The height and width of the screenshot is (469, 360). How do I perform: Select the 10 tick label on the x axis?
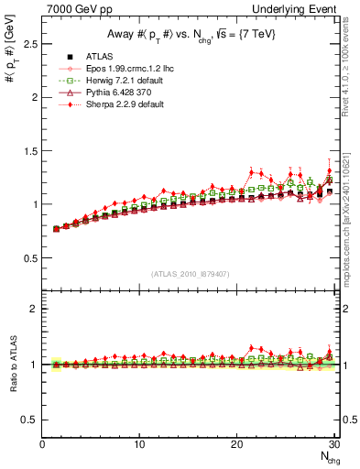tap(139, 444)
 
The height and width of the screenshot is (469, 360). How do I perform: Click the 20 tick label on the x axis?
tap(237, 444)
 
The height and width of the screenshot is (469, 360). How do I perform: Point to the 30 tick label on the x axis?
tap(334, 444)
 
